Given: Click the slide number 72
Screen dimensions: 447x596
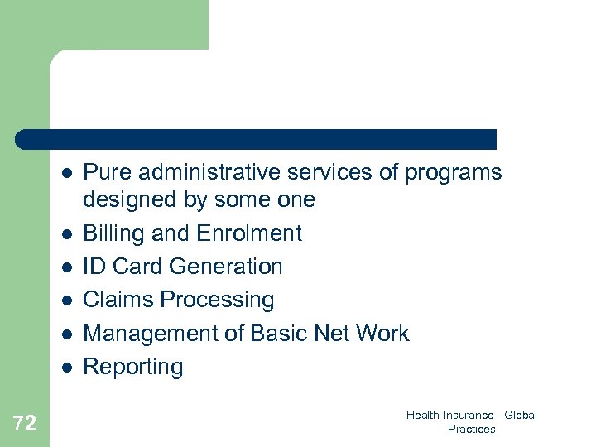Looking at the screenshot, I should coord(25,424).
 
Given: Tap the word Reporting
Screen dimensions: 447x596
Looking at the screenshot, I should coord(133,367).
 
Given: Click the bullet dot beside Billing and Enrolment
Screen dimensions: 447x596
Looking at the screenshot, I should coord(67,234).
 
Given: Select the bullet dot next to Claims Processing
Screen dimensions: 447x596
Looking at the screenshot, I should coord(67,300).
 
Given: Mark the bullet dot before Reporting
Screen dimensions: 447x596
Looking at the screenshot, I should coord(67,367).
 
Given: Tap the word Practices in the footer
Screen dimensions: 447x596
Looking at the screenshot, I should coord(471,429).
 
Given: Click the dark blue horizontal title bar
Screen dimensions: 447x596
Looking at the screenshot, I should coord(257,139).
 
